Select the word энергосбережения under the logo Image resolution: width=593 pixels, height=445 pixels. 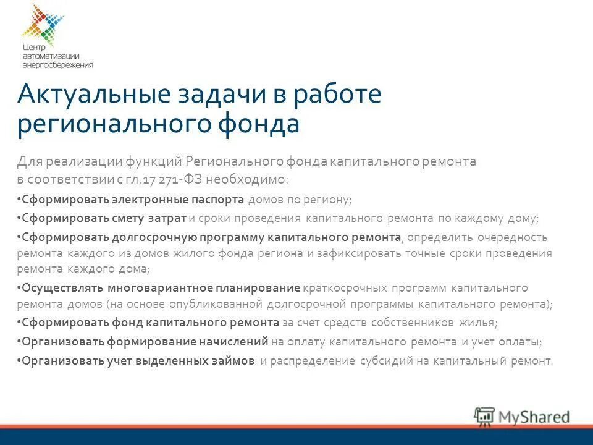click(x=57, y=65)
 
